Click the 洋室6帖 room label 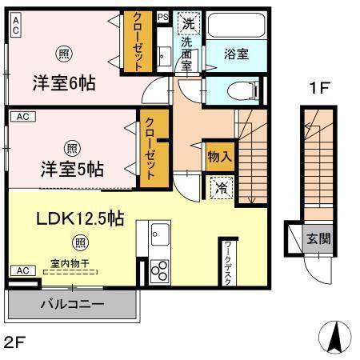click(63, 82)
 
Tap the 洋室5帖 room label click(72, 169)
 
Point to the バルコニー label click(72, 305)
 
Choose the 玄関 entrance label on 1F click(317, 238)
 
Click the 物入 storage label click(219, 156)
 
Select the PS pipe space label click(162, 16)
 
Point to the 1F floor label click(318, 89)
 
